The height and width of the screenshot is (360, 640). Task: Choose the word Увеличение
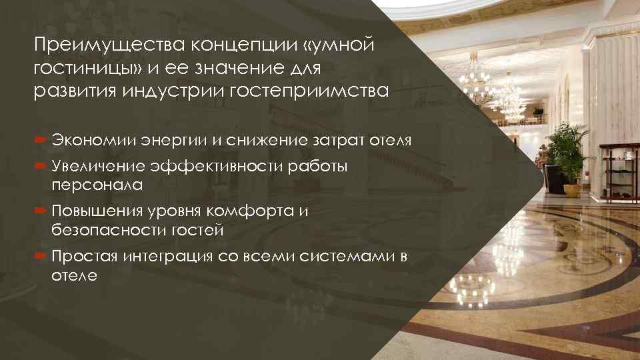coord(99,167)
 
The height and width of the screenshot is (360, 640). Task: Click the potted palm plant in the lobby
coord(570,150)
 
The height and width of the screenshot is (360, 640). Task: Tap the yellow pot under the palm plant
coord(572,189)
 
